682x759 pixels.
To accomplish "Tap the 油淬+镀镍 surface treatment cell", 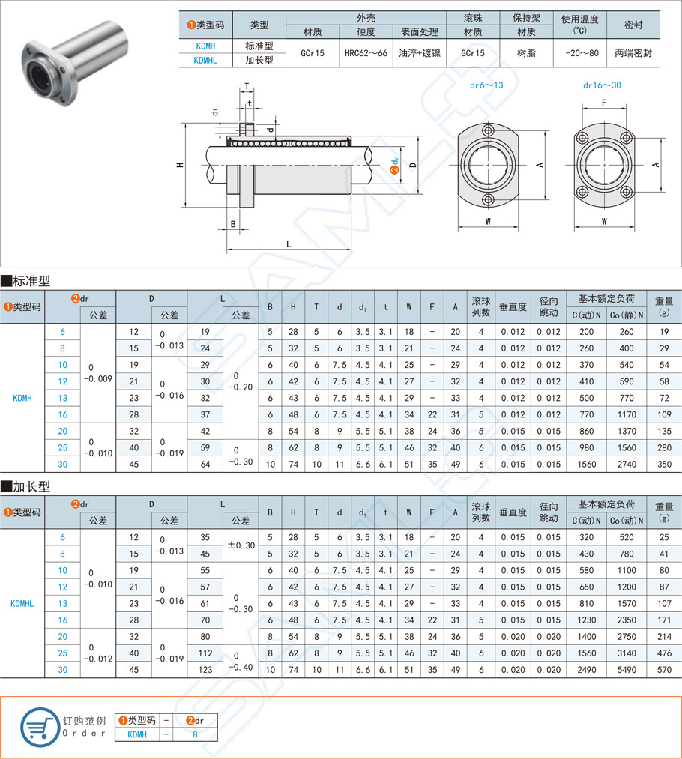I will coord(419,53).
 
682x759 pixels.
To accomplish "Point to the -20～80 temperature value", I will coord(581,53).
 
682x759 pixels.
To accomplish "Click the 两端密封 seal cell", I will coord(633,53).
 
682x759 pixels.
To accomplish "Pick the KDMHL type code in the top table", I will coord(205,60).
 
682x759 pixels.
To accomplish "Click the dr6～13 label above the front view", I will coord(486,85).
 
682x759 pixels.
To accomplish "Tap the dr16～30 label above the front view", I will coord(602,85).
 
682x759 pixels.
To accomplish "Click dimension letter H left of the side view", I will coord(180,165).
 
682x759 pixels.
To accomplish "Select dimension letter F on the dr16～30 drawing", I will coord(603,102).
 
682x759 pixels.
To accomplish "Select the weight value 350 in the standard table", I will coord(663,464).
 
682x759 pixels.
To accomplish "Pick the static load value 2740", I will coord(627,464).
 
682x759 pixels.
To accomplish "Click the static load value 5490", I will coord(627,669).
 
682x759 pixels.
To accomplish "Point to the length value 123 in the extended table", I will coord(205,669).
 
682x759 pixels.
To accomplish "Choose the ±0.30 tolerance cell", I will coord(241,545).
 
